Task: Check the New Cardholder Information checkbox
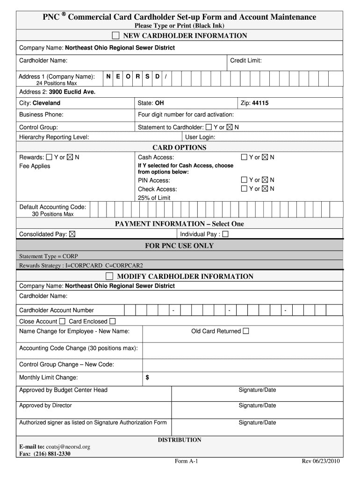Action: (115, 36)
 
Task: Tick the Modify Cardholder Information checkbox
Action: (109, 276)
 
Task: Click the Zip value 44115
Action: (260, 103)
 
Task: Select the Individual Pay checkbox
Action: (225, 234)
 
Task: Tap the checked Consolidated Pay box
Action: (72, 234)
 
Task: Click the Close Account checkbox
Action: (62, 321)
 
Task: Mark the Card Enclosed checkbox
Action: (112, 321)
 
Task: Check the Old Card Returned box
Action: (246, 331)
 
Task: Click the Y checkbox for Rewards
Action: (49, 157)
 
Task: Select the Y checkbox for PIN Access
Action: (244, 180)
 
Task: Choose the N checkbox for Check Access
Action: (265, 189)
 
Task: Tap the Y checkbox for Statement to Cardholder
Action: (209, 127)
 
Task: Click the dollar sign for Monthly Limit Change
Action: (147, 377)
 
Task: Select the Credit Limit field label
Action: (245, 61)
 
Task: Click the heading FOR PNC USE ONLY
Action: (179, 246)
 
